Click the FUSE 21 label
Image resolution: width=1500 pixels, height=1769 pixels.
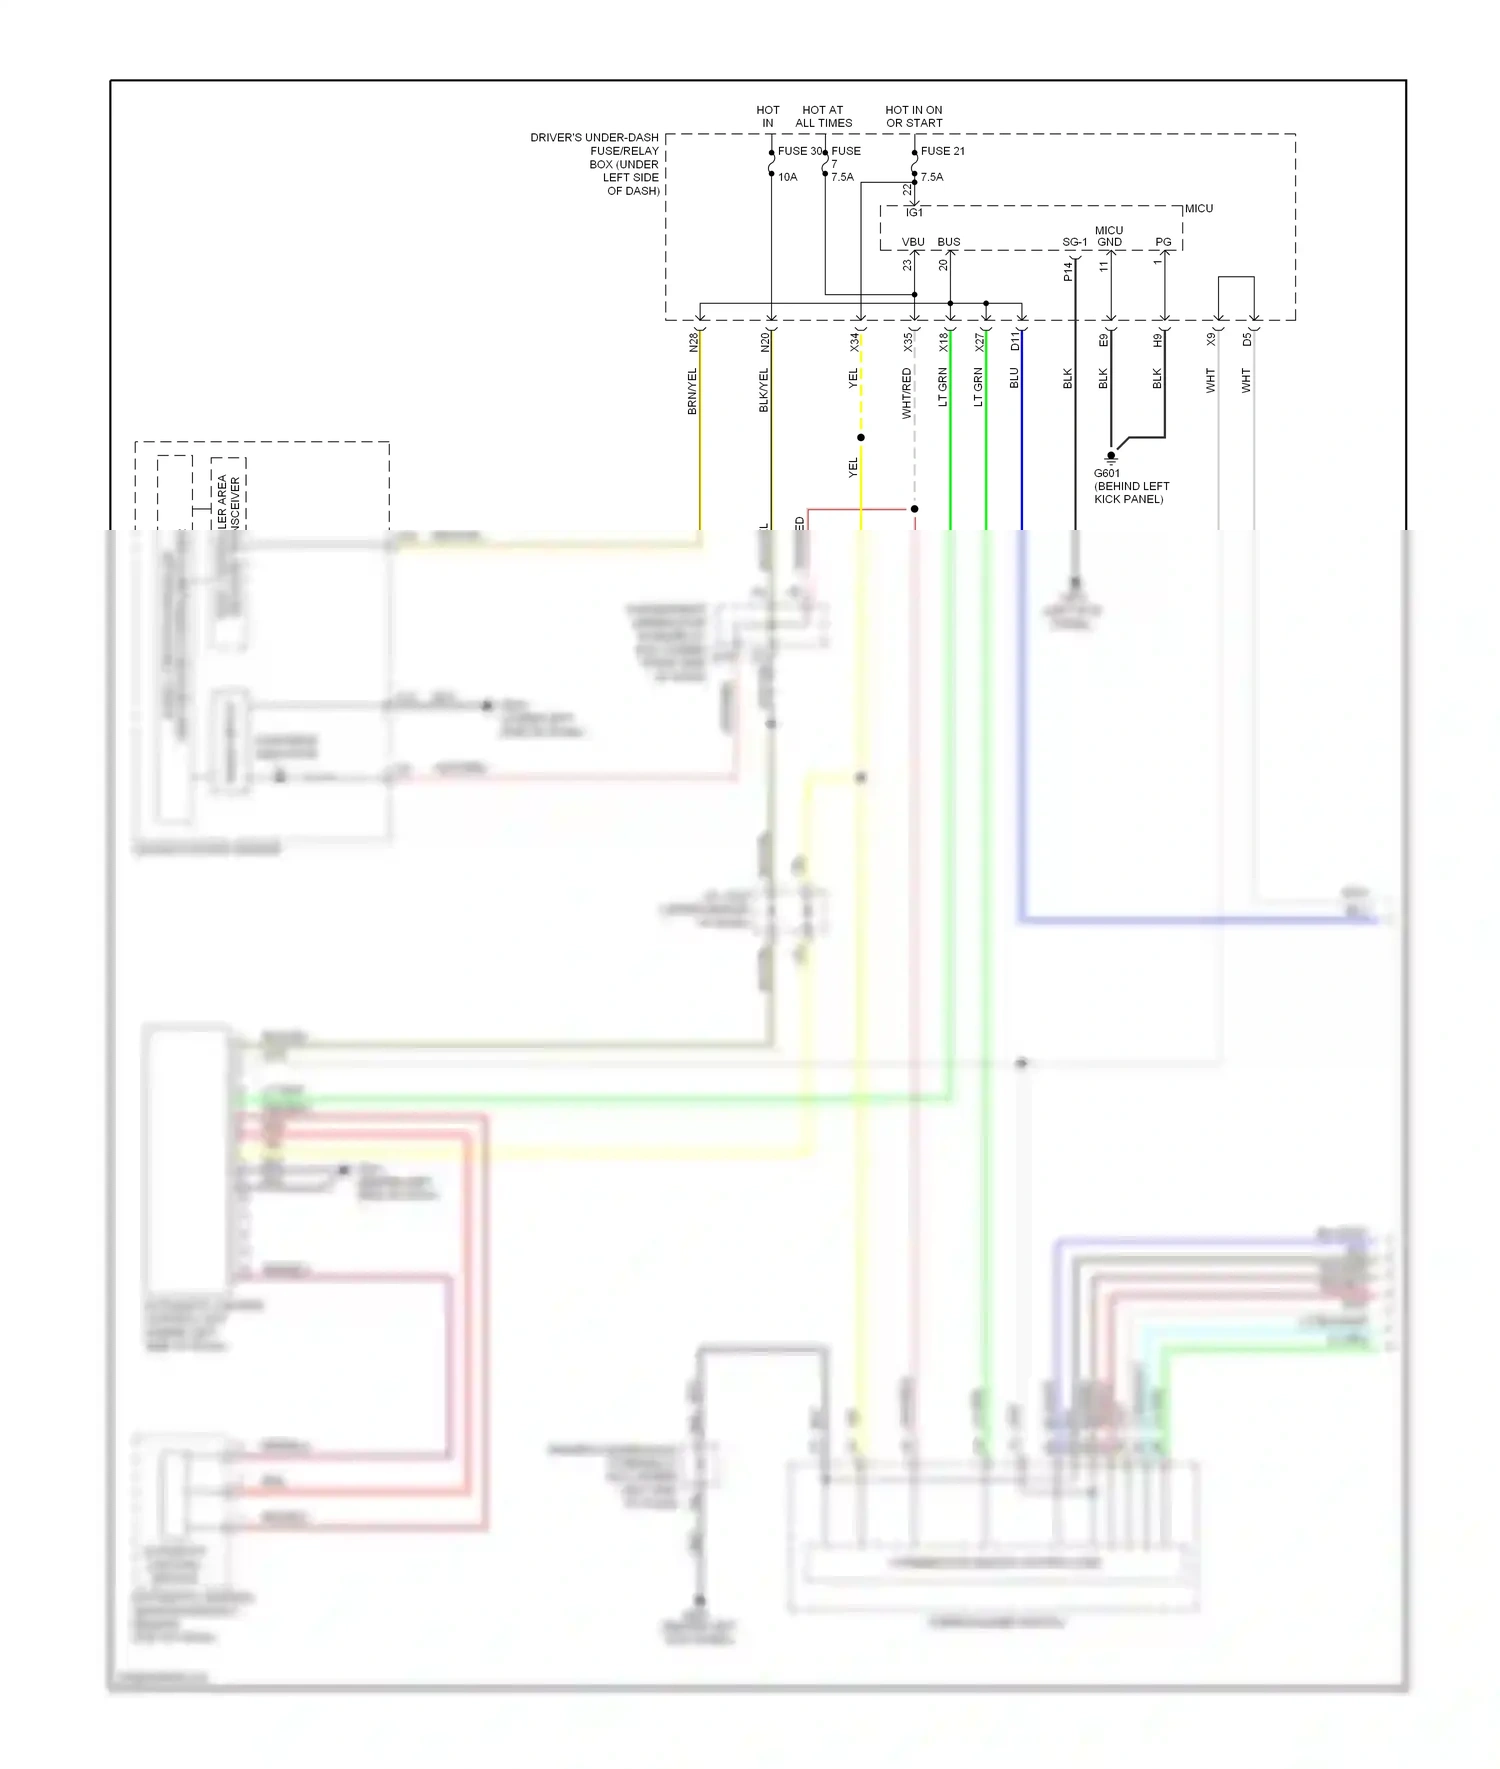(942, 151)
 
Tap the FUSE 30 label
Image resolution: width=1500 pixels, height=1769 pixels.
(799, 151)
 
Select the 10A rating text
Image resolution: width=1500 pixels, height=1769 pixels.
(788, 177)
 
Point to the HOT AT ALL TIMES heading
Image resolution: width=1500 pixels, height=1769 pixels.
(823, 117)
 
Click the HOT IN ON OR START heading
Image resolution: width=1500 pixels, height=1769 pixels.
(914, 117)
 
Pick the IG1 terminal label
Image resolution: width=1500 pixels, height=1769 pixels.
(914, 213)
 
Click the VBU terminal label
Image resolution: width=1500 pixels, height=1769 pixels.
(913, 242)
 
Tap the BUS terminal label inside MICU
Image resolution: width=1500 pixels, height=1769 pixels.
(948, 242)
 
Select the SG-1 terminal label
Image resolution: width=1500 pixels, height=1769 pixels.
(1074, 242)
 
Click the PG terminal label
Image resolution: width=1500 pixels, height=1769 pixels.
(1163, 242)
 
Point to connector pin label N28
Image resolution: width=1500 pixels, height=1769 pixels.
(694, 342)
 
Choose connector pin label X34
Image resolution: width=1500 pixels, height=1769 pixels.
(855, 342)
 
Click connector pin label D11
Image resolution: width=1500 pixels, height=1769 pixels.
(1015, 342)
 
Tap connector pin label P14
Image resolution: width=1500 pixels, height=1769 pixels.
(1068, 271)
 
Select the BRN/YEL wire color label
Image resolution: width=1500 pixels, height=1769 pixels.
(692, 391)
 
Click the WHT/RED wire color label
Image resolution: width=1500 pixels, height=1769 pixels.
(907, 393)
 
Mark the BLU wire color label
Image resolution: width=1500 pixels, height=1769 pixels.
(1014, 378)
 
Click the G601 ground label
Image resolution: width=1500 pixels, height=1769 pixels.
(1106, 474)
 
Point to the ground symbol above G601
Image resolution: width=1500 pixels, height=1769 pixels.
(1110, 457)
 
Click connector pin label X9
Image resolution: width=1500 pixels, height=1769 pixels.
(1211, 340)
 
